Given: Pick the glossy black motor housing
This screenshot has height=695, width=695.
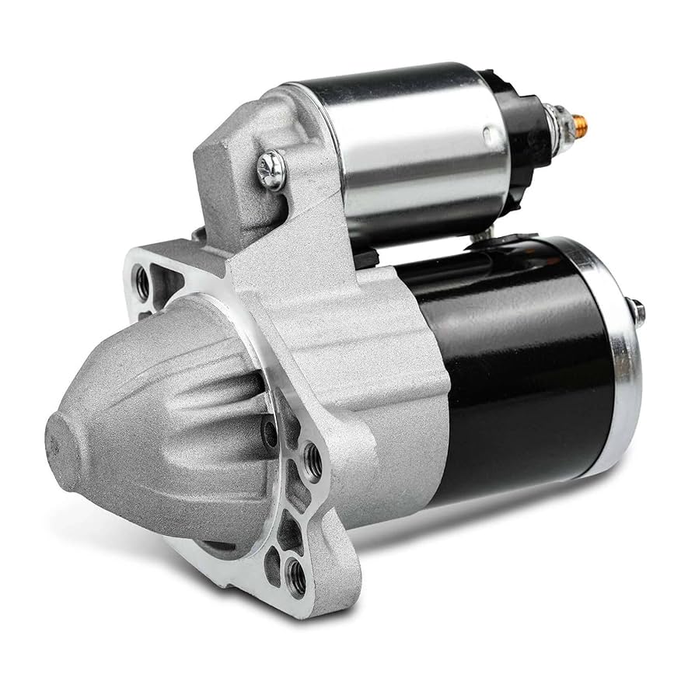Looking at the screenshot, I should (513, 365).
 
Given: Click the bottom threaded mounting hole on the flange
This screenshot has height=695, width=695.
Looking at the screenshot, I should (296, 575).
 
